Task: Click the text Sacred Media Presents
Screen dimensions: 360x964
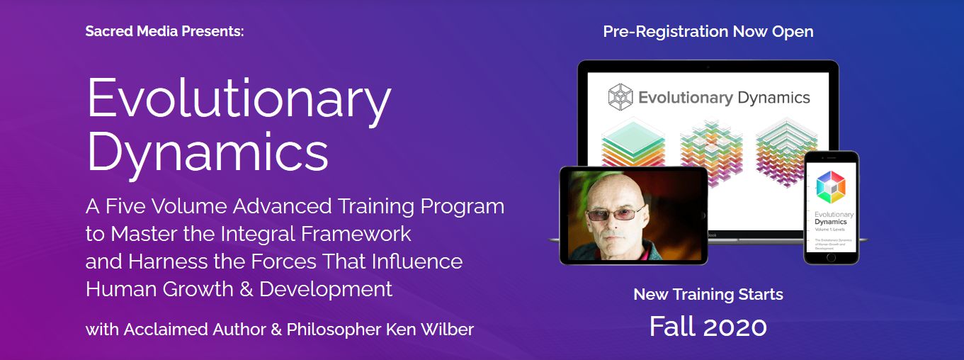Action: [164, 32]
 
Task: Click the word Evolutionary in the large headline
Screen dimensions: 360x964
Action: [239, 98]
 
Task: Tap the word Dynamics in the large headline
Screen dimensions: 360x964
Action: [207, 150]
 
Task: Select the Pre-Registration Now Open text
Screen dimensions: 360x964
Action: [708, 32]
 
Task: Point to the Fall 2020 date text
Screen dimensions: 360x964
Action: [708, 326]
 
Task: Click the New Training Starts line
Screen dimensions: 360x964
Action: [708, 294]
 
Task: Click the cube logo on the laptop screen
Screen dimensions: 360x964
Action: [620, 97]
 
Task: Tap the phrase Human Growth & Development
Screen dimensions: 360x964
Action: [239, 289]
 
